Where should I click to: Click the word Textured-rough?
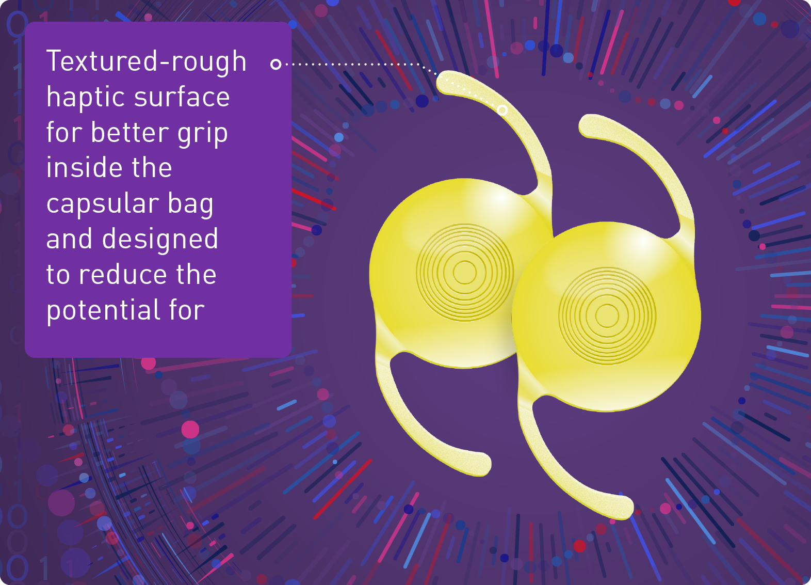click(147, 61)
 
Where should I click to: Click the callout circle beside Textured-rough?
click(276, 64)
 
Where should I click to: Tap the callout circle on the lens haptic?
click(502, 110)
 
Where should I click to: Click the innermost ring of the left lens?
click(464, 273)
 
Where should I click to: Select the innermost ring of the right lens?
click(607, 315)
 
